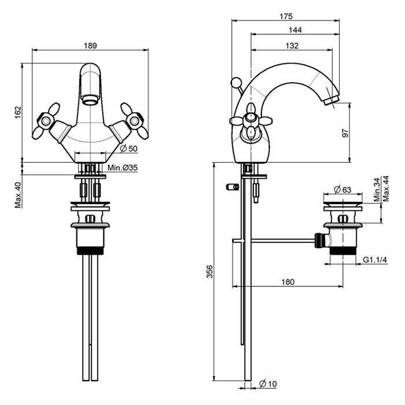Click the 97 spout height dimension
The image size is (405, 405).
(345, 132)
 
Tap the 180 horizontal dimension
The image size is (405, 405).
(288, 282)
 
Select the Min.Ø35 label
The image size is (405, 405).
(123, 168)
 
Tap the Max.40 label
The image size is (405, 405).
(18, 195)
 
